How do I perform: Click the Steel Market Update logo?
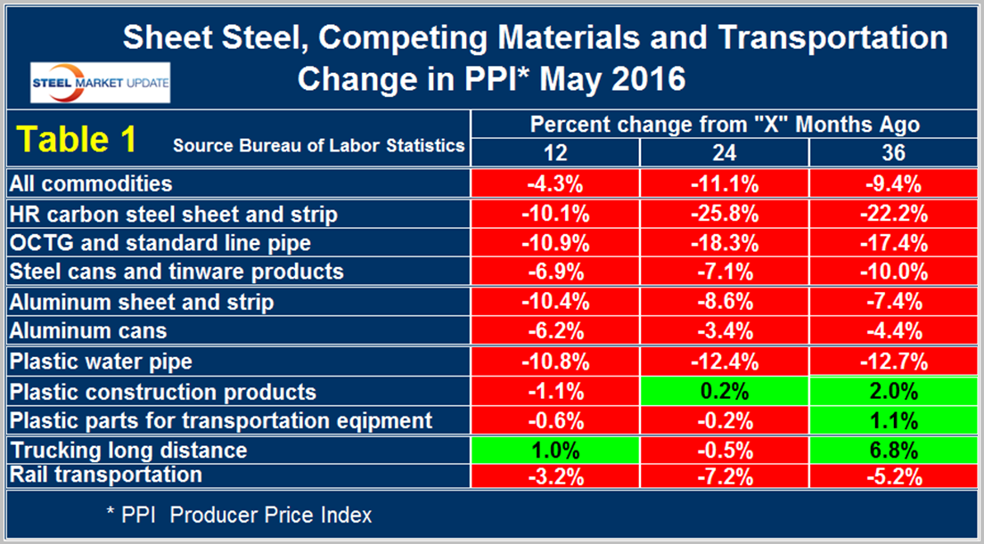coord(100,83)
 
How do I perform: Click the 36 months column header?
coord(893,153)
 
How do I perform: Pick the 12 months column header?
coord(554,153)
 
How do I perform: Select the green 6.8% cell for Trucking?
coord(893,449)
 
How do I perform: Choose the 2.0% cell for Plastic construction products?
coord(893,392)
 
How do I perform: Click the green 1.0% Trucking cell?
coord(554,449)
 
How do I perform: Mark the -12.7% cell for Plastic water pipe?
coord(893,362)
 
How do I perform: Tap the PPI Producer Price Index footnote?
coord(236,515)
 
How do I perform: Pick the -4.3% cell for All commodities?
coord(554,183)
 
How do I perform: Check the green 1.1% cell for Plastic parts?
coord(893,420)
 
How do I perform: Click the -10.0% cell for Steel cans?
coord(893,271)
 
